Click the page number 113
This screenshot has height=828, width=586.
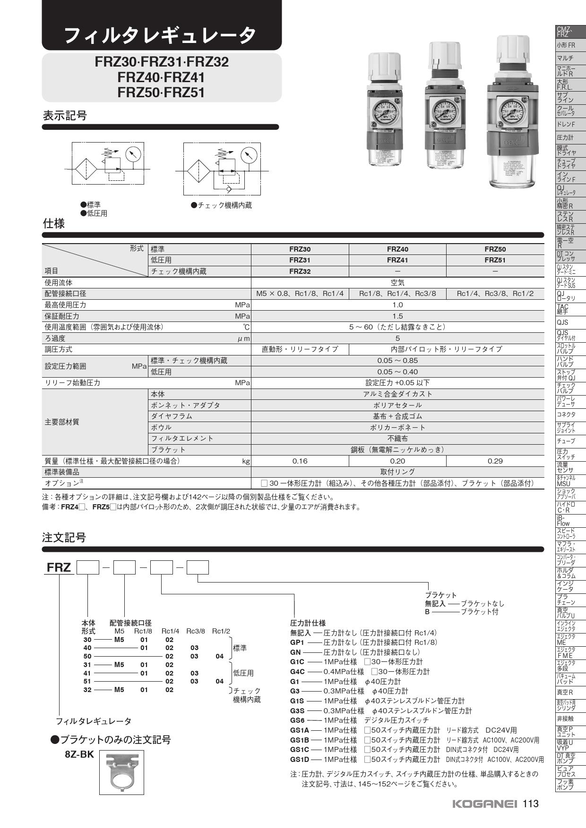pos(531,803)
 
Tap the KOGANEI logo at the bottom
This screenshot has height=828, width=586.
pos(485,804)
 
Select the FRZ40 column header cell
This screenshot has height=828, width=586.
pos(397,249)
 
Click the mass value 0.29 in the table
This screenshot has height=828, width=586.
pos(495,461)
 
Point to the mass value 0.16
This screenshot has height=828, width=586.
pos(300,461)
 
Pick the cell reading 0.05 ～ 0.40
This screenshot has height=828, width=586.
pos(397,372)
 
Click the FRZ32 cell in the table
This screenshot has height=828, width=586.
pos(300,271)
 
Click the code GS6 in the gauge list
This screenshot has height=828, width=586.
pos(297,720)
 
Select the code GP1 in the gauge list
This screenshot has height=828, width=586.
pos(297,642)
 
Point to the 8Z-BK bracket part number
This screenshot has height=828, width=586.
pos(79,754)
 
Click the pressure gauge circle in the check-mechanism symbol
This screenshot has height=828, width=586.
pos(249,155)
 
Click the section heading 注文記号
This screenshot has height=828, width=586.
pos(64,537)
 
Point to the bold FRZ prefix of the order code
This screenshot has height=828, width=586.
pos(59,567)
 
